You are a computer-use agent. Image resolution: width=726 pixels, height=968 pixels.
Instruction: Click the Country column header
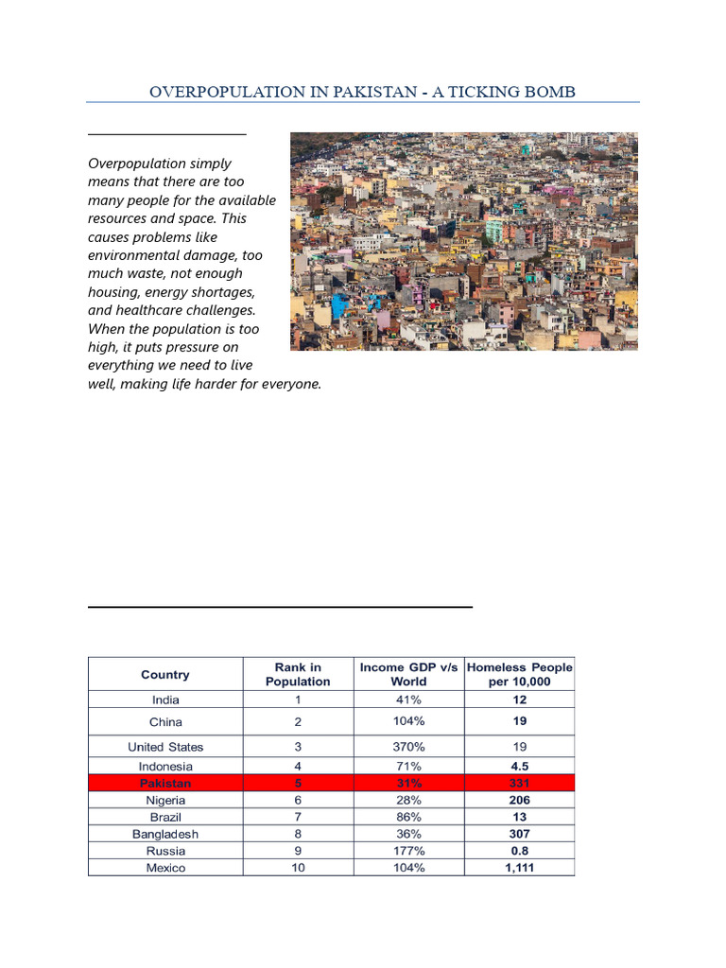(165, 674)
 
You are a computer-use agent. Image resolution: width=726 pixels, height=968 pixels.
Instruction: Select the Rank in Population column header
(298, 674)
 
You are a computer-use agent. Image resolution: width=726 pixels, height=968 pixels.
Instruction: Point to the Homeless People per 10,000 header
(520, 674)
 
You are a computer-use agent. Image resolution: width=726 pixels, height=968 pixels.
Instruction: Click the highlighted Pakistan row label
(165, 784)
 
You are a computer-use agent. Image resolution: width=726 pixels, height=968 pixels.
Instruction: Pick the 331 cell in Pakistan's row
(519, 784)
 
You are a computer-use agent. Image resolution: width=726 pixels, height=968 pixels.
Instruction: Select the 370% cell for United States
(408, 747)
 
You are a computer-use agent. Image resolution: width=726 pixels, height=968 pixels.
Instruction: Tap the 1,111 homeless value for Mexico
(519, 868)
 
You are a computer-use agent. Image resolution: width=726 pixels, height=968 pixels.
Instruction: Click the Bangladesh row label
(165, 834)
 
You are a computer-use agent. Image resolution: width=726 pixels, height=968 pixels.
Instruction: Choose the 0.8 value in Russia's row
(519, 851)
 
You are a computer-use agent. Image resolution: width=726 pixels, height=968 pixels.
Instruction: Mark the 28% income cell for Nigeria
(408, 800)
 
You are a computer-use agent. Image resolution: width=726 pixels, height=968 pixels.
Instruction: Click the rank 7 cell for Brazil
(298, 817)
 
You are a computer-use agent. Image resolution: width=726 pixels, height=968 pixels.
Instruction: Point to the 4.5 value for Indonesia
(519, 767)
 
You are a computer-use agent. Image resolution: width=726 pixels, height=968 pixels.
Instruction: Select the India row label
(165, 700)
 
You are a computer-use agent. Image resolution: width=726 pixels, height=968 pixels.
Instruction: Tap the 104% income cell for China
(408, 721)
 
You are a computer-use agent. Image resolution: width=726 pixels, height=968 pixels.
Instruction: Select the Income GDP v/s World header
(408, 674)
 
